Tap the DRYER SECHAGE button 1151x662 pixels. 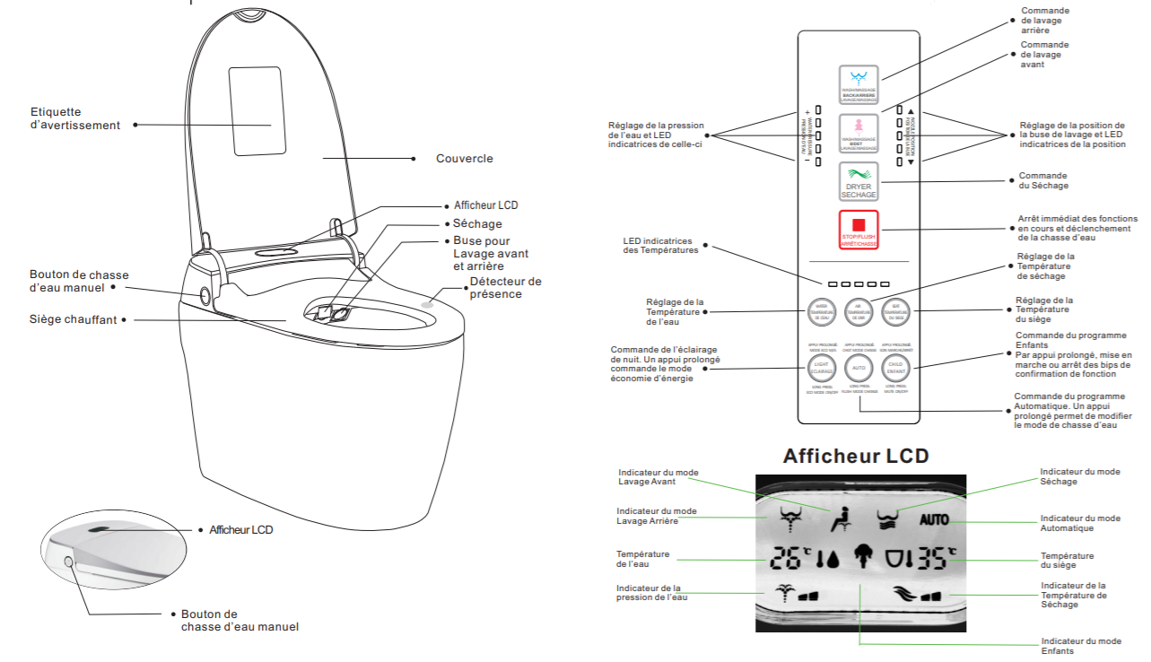tap(859, 182)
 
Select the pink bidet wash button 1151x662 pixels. tap(859, 134)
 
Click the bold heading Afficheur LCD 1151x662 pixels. tap(856, 456)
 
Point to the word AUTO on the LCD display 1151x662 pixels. tap(933, 519)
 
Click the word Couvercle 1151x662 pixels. tap(464, 159)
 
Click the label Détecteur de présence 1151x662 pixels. tap(505, 288)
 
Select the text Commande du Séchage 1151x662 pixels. tap(1043, 180)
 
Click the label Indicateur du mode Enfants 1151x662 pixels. tap(1080, 646)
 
